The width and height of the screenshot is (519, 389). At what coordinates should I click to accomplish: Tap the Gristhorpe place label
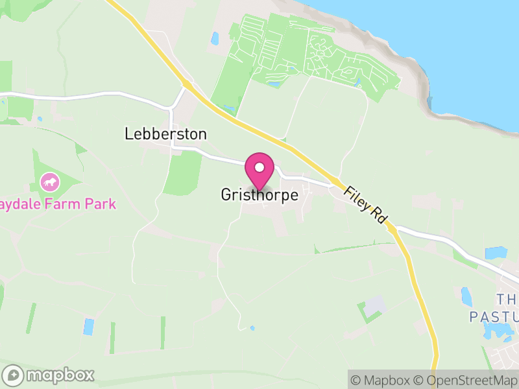(x=259, y=194)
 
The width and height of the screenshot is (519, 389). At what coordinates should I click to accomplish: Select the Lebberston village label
(x=165, y=134)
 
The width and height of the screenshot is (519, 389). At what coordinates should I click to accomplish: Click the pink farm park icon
(x=49, y=182)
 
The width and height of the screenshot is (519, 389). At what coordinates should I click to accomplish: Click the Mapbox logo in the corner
(x=49, y=375)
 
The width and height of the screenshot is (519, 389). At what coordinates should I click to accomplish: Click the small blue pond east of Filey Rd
(x=496, y=253)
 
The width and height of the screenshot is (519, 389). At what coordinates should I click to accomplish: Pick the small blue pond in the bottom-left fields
(x=88, y=326)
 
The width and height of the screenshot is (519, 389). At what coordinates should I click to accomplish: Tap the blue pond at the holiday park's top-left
(x=215, y=39)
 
